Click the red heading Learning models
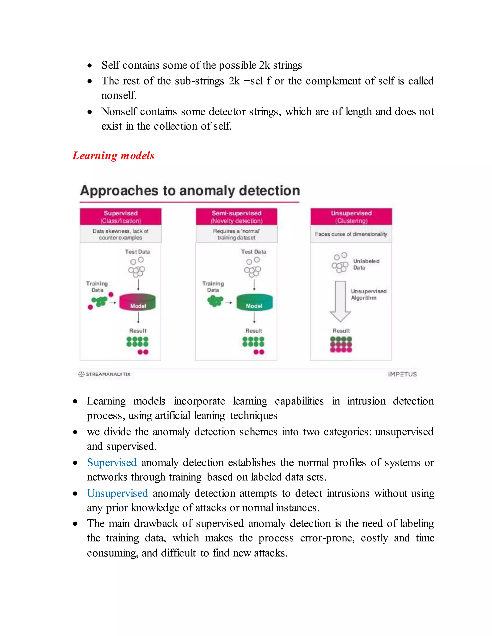tap(113, 156)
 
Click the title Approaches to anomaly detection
tap(190, 191)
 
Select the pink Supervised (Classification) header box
tap(121, 217)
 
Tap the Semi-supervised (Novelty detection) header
tap(236, 217)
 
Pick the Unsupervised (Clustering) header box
tap(351, 217)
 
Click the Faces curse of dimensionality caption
tap(351, 234)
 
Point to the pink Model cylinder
tap(138, 302)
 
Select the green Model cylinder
tap(254, 302)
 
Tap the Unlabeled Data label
tap(366, 264)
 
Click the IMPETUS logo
tap(402, 374)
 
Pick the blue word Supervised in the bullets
tap(112, 462)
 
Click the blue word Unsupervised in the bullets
tap(117, 493)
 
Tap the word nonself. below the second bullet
tap(119, 96)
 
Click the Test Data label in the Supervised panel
tap(137, 252)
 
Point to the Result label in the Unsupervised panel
tap(341, 331)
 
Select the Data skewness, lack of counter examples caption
tap(121, 234)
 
